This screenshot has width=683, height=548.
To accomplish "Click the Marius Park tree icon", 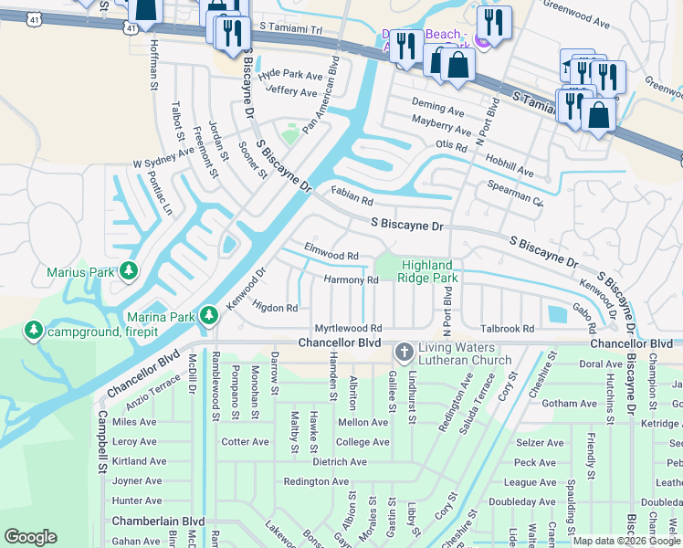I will (x=130, y=270).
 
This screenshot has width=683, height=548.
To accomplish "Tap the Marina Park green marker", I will (x=209, y=315).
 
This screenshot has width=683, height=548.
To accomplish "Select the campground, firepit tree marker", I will (x=35, y=329).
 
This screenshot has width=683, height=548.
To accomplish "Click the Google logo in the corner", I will (x=30, y=537).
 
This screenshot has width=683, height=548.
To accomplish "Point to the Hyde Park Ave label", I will (x=290, y=75).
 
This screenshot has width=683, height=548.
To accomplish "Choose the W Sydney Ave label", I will (x=163, y=156).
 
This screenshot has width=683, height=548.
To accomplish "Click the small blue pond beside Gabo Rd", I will (x=556, y=315).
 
